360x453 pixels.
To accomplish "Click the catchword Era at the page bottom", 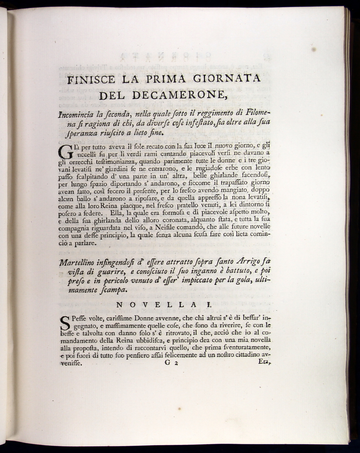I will (x=264, y=362).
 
